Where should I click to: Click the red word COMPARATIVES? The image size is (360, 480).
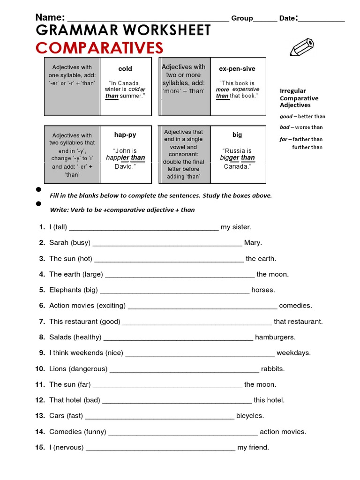coord(99,48)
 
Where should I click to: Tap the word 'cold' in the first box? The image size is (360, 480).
coord(125,68)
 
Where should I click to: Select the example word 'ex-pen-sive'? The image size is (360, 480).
coord(237,68)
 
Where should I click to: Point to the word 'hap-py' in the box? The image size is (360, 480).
coord(125,135)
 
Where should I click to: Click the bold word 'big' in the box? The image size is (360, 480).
coord(237,135)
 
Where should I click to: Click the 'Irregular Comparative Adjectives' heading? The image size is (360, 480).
coord(299,98)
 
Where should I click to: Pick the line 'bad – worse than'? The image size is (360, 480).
coord(301,127)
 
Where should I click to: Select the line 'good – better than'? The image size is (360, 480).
coord(302,116)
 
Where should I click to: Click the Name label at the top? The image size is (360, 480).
coord(50,18)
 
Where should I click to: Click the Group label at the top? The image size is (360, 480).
coord(242,18)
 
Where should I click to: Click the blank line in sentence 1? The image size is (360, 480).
coord(144,228)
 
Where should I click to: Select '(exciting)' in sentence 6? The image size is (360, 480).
coord(111,306)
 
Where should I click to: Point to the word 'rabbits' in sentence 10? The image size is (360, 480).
coord(273,368)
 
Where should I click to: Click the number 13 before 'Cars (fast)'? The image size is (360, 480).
coord(40,416)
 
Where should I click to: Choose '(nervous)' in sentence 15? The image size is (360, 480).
coord(68,447)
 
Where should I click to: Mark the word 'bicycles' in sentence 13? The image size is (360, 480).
coord(250,416)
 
